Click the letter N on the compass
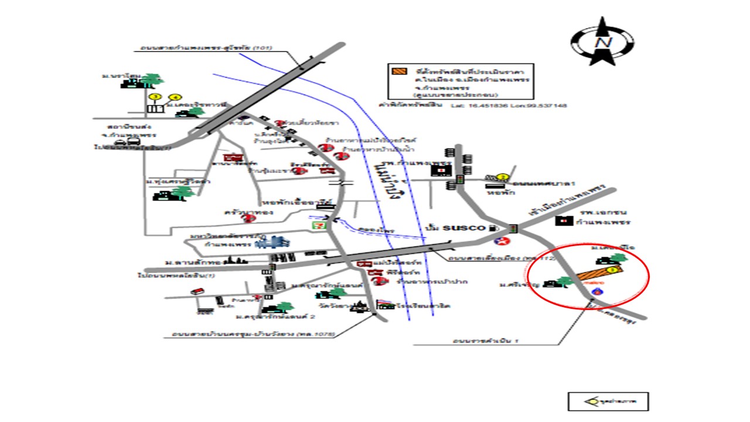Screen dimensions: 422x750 [x=602, y=43]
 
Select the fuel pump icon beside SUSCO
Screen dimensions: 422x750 [x=497, y=227]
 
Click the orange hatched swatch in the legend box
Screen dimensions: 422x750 [x=399, y=72]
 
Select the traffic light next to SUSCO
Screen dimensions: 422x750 [x=513, y=228]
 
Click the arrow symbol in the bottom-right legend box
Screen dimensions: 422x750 [x=591, y=401]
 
